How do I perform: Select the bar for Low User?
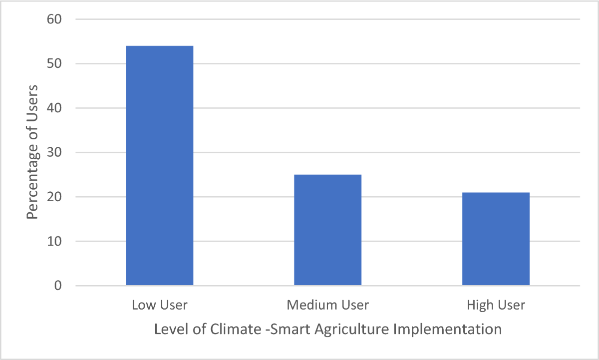(x=159, y=165)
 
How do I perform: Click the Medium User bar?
(x=327, y=230)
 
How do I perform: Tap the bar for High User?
(x=496, y=239)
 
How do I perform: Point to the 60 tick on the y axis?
(x=54, y=19)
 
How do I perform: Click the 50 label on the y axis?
(x=54, y=64)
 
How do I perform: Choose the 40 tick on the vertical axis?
(x=54, y=108)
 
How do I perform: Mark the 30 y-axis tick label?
(x=54, y=153)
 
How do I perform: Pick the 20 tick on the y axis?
(x=54, y=197)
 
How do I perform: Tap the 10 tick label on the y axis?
(x=54, y=242)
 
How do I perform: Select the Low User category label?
(x=159, y=305)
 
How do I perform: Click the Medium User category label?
(x=327, y=305)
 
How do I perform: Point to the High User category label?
(x=496, y=305)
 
